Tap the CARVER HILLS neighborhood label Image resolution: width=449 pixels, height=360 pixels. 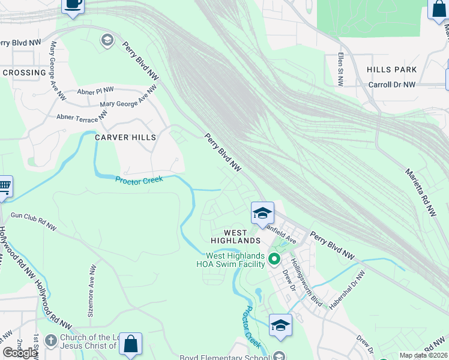coord(125,137)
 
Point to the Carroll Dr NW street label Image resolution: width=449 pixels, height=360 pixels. coord(391,85)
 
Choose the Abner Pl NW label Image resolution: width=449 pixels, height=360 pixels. coord(95,91)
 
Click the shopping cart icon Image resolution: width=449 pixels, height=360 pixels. coord(4,186)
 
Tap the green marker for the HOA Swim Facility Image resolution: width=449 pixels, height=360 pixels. coord(274,259)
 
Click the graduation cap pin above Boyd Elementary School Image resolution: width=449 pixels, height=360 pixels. coord(280,325)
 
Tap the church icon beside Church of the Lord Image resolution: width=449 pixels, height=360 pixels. coord(50,340)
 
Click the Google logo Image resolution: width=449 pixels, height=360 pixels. coord(20,353)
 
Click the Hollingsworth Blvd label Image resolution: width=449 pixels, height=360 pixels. coord(306,283)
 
